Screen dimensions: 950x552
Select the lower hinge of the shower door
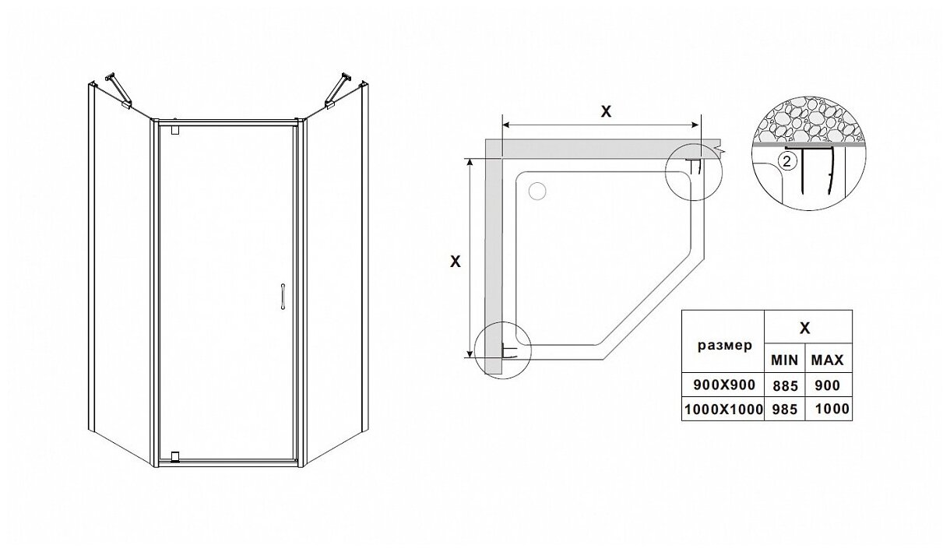pyautogui.click(x=174, y=455)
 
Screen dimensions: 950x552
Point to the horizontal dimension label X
pyautogui.click(x=606, y=111)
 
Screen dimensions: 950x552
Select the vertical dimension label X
pyautogui.click(x=456, y=262)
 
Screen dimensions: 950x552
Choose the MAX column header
pyautogui.click(x=827, y=361)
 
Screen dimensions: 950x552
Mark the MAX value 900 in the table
pyautogui.click(x=827, y=385)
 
